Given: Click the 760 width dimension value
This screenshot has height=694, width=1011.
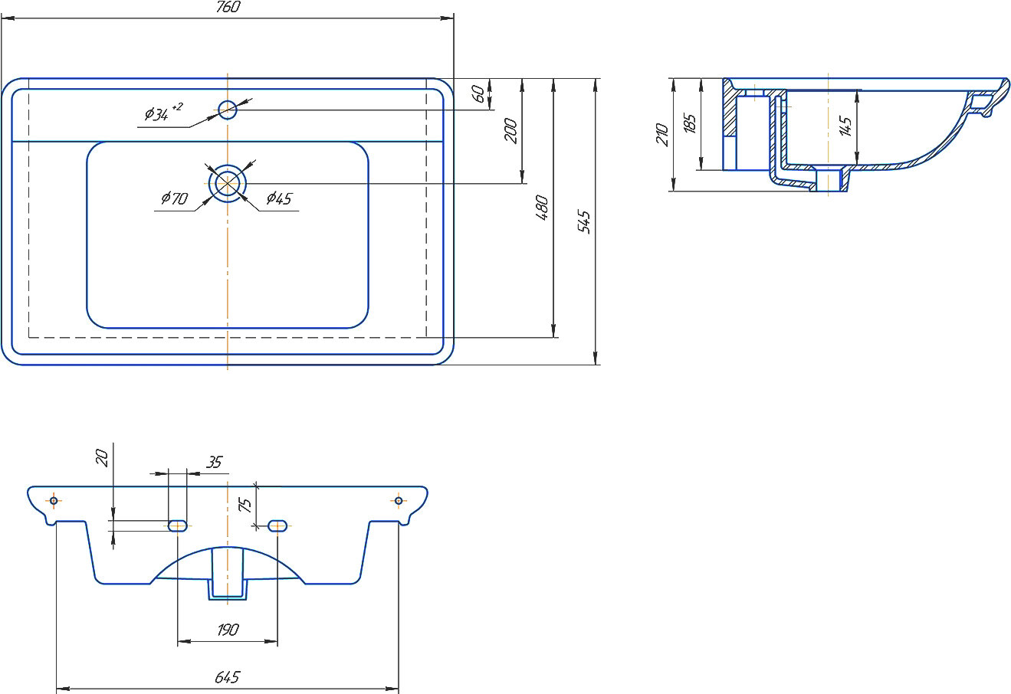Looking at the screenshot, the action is click(x=228, y=8).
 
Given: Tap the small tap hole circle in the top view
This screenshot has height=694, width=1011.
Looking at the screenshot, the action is click(x=228, y=110).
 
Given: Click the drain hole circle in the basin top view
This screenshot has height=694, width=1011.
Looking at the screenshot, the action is click(x=228, y=183).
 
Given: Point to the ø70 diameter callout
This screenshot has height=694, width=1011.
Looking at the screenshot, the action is click(x=174, y=199).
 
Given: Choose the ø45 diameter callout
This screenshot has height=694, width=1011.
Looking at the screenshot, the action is click(x=279, y=199).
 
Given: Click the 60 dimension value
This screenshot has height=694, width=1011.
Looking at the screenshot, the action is click(x=478, y=94).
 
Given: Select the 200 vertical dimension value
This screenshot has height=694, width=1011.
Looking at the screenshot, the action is click(x=511, y=131).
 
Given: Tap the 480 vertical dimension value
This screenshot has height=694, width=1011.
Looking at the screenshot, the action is click(x=542, y=208).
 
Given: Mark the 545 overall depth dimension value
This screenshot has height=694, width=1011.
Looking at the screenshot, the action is click(x=584, y=221).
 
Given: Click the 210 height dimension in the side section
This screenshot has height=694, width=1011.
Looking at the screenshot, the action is click(x=663, y=135).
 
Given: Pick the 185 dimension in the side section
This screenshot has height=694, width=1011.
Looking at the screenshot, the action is click(x=690, y=125).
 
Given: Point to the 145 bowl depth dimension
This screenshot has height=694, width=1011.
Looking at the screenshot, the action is click(x=845, y=126).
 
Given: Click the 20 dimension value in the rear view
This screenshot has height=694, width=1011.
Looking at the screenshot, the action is click(x=102, y=458).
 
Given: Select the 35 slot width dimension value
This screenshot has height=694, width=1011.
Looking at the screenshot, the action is click(x=214, y=462).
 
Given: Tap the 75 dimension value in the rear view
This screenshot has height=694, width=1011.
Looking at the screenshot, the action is click(x=245, y=505).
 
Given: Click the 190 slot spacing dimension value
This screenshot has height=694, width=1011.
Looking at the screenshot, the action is click(x=228, y=630).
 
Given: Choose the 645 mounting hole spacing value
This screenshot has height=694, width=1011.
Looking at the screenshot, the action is click(x=228, y=677).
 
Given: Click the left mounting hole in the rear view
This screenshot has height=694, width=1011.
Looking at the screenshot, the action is click(x=54, y=501).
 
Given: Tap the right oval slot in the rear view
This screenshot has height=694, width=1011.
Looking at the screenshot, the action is click(x=277, y=525).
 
